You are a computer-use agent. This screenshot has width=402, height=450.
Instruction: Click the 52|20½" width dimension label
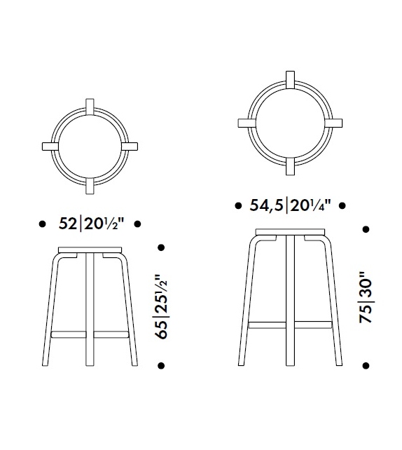(90, 224)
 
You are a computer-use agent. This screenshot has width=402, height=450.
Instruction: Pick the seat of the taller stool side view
(290, 231)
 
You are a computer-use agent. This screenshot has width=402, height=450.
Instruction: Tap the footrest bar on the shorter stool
(90, 329)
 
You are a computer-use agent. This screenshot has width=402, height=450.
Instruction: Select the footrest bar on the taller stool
(290, 324)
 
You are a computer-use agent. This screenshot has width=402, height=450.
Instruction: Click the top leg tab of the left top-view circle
(89, 107)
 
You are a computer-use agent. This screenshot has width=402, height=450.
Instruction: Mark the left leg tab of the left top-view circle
(50, 147)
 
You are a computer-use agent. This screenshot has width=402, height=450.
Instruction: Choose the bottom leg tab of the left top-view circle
(89, 185)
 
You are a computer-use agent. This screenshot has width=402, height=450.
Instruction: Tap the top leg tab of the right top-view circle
(289, 80)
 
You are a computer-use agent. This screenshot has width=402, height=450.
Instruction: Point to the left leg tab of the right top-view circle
(247, 123)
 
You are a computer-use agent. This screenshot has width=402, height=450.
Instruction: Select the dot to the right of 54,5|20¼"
(342, 206)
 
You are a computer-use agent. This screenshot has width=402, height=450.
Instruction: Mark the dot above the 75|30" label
(365, 229)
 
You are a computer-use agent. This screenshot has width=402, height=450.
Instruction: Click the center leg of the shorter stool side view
(90, 312)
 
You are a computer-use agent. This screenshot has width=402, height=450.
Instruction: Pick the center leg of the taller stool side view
(290, 301)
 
